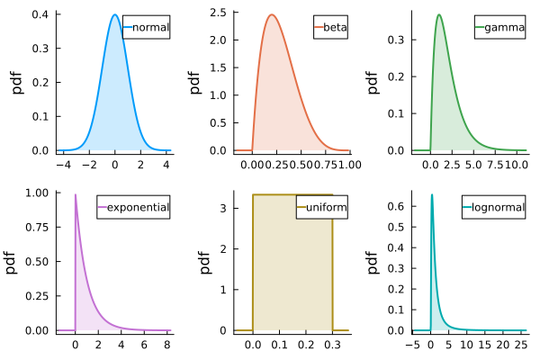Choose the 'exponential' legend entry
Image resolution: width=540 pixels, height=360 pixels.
pos(139,208)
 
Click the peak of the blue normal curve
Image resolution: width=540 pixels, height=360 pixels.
pos(115,14)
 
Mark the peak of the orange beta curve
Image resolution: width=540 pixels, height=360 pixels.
pos(271,14)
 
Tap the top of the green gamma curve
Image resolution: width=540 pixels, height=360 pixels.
pos(439,14)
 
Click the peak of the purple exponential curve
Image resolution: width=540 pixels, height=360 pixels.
pos(76,194)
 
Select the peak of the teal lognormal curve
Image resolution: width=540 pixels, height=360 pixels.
pos(432,194)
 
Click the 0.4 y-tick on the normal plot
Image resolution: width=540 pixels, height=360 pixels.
pos(41,15)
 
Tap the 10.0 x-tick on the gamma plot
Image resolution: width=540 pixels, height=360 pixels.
pos(516,166)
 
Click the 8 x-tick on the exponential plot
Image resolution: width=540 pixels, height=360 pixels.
pos(166,346)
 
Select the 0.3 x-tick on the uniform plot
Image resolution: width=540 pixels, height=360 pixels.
pos(333,346)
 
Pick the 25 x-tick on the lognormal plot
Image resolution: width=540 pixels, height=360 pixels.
pos(522,346)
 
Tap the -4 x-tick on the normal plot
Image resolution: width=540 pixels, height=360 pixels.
pos(63,166)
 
